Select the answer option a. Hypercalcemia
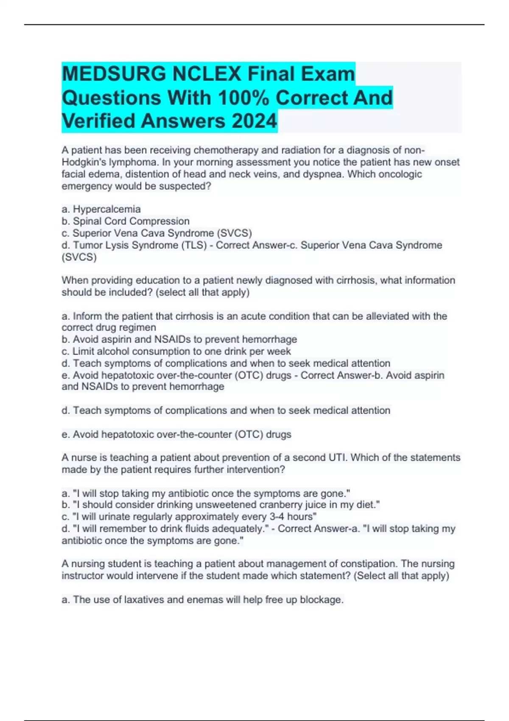[x=101, y=209]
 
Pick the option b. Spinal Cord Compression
[x=126, y=221]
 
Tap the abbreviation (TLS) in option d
[x=188, y=245]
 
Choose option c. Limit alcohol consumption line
[x=176, y=351]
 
